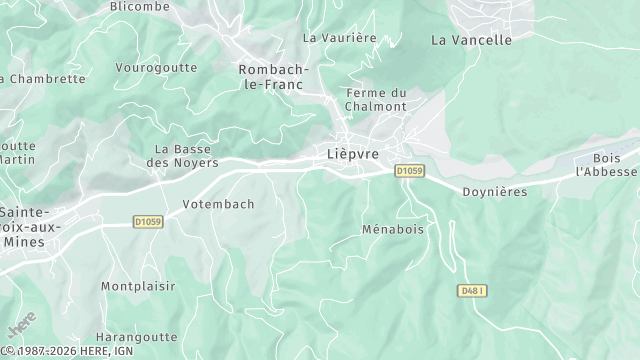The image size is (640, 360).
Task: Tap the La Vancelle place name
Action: point(471,40)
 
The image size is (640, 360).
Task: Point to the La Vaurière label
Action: point(339,37)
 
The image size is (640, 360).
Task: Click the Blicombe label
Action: point(139,5)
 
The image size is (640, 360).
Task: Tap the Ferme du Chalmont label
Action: point(376,99)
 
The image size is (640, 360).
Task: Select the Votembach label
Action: point(218,204)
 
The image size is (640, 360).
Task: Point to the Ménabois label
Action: point(392,229)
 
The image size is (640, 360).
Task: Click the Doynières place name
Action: point(494,191)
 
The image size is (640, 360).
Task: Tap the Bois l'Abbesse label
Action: point(606,165)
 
